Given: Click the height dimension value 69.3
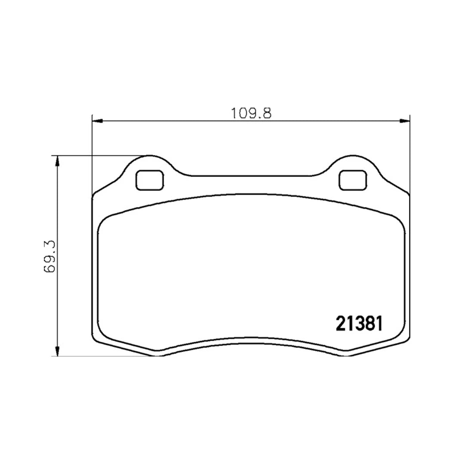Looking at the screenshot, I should click(x=50, y=256).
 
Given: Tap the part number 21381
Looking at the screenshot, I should click(x=359, y=324).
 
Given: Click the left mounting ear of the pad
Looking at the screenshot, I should click(x=150, y=166).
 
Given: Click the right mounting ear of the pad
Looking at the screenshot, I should click(x=353, y=166).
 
